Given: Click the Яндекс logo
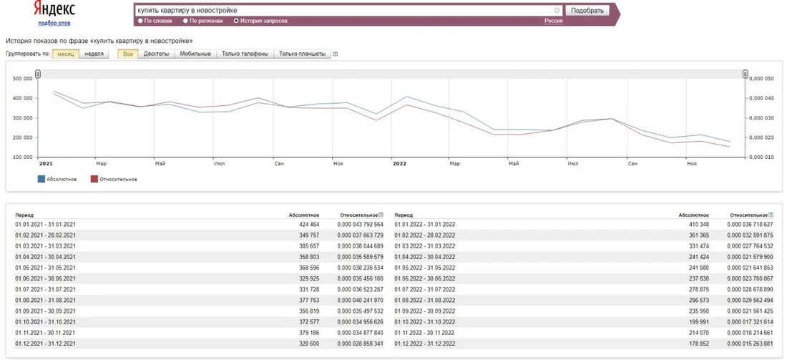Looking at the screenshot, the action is (x=54, y=9).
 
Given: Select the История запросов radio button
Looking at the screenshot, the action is (x=236, y=21).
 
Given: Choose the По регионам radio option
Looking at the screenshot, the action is (x=186, y=21).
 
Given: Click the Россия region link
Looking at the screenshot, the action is (x=554, y=21).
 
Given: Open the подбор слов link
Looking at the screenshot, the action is (x=54, y=23).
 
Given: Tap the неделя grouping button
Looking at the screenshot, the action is (x=94, y=54).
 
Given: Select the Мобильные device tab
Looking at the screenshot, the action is (x=195, y=54).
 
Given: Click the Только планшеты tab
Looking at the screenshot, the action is (x=302, y=54).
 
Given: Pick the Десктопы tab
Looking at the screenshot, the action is (x=156, y=54).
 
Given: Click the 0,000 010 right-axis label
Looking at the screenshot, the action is (x=762, y=157).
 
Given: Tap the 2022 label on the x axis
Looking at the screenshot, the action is (x=399, y=164).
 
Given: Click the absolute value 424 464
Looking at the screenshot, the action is (x=308, y=224).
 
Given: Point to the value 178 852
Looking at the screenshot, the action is (x=698, y=344).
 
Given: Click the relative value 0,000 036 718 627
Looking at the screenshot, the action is (x=750, y=224).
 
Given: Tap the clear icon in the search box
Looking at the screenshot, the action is (x=557, y=10).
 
